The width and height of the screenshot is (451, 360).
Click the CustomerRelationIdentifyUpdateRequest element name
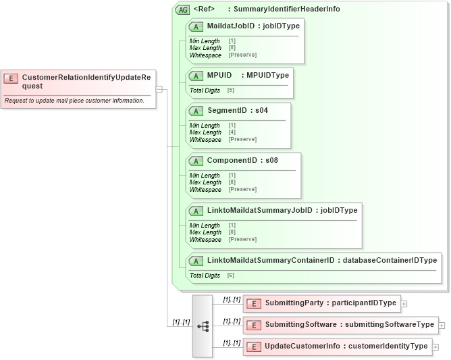coord(86,81)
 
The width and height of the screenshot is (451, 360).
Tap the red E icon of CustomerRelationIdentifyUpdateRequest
coord(11,78)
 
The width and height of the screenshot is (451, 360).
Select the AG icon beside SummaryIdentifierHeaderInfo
coord(182,10)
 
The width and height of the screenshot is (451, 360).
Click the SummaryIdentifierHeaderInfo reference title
coord(284,9)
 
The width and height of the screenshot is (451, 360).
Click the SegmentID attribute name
coord(226,110)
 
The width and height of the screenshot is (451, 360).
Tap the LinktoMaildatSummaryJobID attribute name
coord(260,210)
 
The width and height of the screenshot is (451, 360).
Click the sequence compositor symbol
coord(203,326)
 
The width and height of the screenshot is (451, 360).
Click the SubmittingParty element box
coord(322,303)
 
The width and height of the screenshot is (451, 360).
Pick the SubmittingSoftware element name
coord(301,325)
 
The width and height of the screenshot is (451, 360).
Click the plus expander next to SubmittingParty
coord(404,304)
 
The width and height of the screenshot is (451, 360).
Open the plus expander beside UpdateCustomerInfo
coord(435,347)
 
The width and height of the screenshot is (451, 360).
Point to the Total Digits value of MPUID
coord(231,91)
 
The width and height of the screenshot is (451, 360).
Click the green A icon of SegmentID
coord(196,111)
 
